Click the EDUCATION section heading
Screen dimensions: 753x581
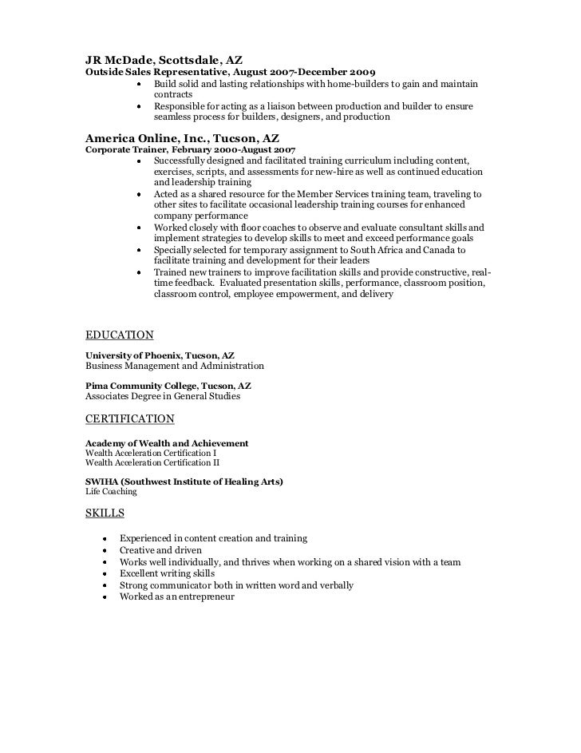click(119, 335)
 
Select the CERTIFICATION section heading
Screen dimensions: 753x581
click(129, 418)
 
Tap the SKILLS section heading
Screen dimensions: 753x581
click(105, 513)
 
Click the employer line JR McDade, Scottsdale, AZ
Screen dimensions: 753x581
click(164, 59)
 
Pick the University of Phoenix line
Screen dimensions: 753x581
click(160, 355)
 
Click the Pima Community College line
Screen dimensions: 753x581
click(168, 385)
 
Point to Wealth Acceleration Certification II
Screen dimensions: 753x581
click(152, 462)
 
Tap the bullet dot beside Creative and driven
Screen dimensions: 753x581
click(105, 551)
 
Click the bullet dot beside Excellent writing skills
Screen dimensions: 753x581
click(105, 574)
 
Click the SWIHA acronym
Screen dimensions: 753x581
click(101, 482)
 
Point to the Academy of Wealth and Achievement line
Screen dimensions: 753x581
click(166, 442)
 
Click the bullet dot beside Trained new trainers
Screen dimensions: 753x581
click(139, 272)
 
